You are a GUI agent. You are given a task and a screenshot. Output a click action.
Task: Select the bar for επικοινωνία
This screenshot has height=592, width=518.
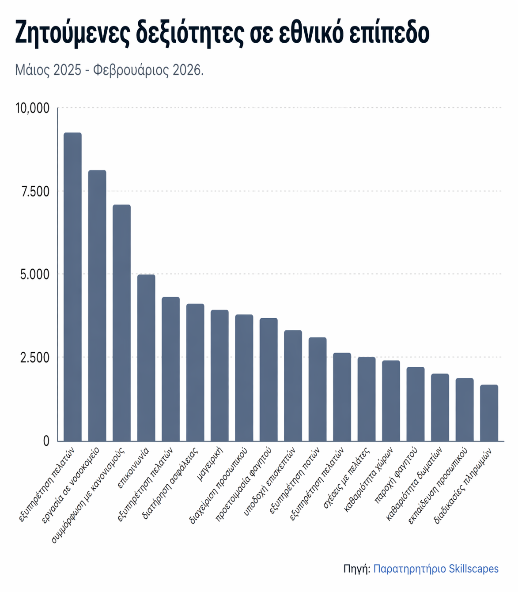(x=146, y=358)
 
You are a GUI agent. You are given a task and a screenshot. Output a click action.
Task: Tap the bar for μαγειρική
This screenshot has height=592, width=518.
(x=219, y=375)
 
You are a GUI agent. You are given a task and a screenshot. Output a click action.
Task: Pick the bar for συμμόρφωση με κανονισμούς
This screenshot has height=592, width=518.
(x=121, y=323)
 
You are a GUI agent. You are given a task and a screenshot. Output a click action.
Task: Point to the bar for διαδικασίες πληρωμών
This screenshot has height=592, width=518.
(x=489, y=413)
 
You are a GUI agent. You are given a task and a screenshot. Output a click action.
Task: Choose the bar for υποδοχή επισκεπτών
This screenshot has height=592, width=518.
(x=293, y=385)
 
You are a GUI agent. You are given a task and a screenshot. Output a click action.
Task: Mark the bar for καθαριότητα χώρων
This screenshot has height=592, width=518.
(x=391, y=400)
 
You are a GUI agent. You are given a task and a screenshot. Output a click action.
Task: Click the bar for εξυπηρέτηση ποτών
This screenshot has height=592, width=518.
(x=318, y=389)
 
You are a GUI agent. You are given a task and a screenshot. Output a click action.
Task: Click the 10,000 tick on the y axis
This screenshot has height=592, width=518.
(x=32, y=108)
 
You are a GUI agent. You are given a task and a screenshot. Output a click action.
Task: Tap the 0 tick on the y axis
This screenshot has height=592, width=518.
(x=46, y=441)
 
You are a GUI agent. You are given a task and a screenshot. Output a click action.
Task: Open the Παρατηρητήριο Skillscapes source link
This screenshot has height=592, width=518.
(x=436, y=569)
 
